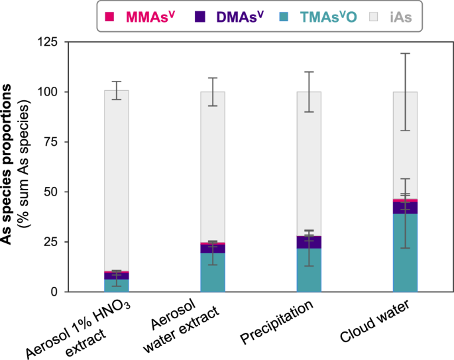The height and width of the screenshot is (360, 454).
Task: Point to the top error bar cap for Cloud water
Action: click(405, 53)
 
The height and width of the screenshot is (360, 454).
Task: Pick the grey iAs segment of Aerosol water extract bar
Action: click(213, 166)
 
